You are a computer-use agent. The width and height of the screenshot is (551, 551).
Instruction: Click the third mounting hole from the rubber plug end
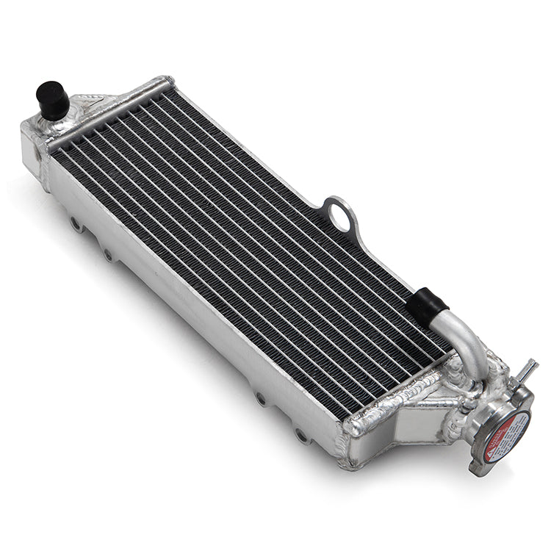coord(261,398)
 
